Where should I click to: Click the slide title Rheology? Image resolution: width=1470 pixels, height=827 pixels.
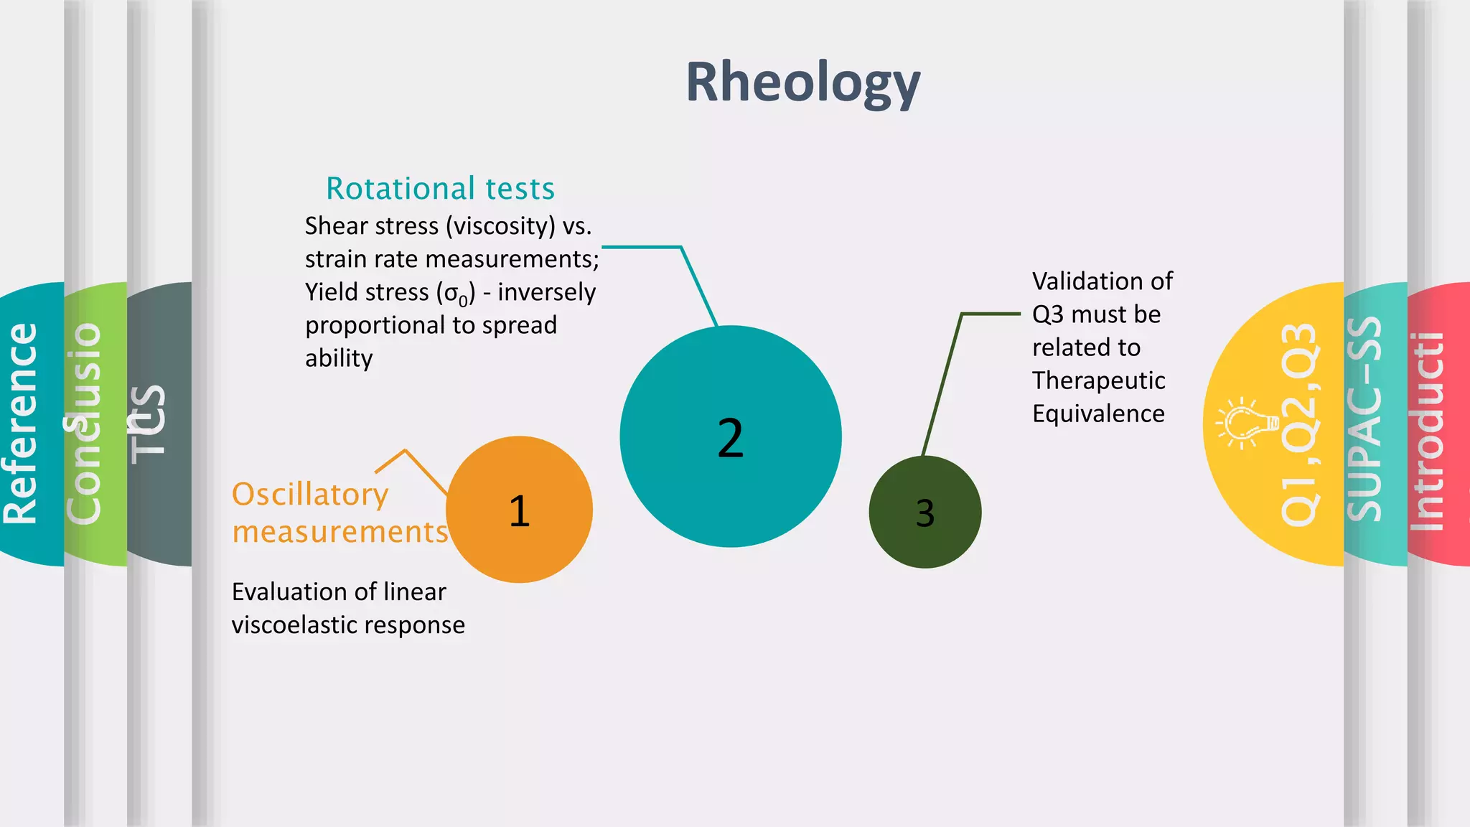[x=802, y=83]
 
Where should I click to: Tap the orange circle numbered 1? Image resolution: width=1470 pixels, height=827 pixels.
[x=519, y=510]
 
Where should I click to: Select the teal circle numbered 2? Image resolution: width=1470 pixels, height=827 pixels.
[x=730, y=436]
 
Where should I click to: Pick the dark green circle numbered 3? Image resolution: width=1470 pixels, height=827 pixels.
[x=924, y=513]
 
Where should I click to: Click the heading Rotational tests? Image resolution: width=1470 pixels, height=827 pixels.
[x=440, y=188]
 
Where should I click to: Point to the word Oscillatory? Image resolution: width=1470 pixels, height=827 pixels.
[x=310, y=495]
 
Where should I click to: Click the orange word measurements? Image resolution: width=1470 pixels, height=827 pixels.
[x=340, y=532]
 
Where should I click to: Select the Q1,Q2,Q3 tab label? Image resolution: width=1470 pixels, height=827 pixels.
[x=1299, y=424]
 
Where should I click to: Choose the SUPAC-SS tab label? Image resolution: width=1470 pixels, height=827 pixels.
[x=1364, y=419]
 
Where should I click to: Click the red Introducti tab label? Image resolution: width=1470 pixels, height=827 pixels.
[x=1427, y=431]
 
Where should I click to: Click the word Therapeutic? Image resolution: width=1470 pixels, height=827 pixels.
[x=1098, y=380]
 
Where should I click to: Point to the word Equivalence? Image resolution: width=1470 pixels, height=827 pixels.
[x=1098, y=413]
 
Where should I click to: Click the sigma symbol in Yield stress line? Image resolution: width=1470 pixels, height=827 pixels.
[x=452, y=293]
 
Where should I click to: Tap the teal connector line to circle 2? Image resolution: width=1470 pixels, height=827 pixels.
[x=698, y=284]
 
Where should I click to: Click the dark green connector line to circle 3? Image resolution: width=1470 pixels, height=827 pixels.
[x=942, y=384]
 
